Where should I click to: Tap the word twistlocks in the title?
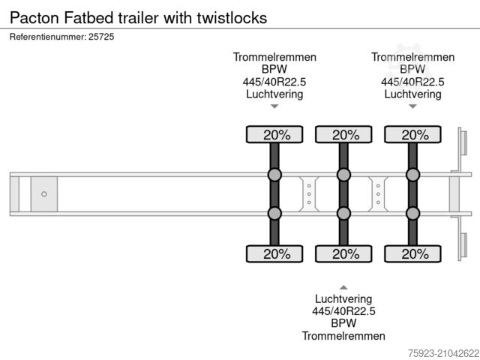[x=232, y=17]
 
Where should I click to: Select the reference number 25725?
[x=102, y=36]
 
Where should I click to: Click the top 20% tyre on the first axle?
[x=274, y=135]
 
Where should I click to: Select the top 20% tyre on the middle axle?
[x=343, y=135]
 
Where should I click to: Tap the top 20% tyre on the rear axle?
[x=412, y=135]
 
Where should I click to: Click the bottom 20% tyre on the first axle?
[x=274, y=254]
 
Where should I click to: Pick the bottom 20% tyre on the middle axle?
[x=343, y=254]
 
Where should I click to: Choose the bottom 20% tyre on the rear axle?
[x=412, y=254]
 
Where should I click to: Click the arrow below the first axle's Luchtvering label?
[x=274, y=106]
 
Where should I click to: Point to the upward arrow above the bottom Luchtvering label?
[x=343, y=287]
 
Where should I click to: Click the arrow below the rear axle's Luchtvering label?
[x=412, y=106]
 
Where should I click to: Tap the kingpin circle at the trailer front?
[x=44, y=194]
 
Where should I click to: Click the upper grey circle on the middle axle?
[x=343, y=175]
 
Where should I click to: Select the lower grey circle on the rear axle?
[x=412, y=214]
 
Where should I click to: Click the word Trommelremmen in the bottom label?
[x=343, y=336]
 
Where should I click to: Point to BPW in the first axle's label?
[x=274, y=70]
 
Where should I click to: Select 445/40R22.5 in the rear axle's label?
[x=412, y=82]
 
